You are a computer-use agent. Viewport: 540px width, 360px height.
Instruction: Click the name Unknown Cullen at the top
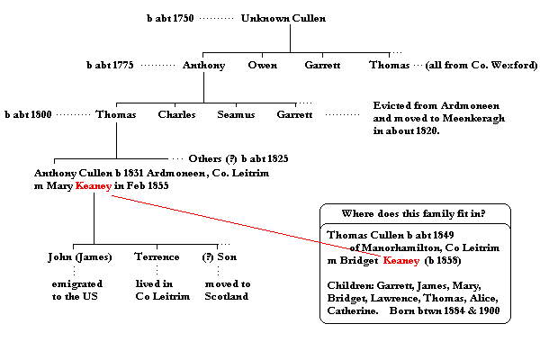(283, 18)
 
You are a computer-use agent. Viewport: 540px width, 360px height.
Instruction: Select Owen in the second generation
(263, 66)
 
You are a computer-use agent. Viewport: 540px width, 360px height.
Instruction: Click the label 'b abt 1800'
(28, 115)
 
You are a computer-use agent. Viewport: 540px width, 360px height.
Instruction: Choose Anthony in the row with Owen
(203, 66)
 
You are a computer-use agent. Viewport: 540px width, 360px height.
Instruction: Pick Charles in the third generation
(176, 115)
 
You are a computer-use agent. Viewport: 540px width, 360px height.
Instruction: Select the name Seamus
(236, 115)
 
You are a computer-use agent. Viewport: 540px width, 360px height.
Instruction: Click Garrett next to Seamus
(295, 115)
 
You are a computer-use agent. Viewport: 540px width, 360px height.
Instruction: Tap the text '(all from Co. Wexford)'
(466, 66)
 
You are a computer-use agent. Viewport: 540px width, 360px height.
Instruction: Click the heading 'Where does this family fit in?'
(415, 213)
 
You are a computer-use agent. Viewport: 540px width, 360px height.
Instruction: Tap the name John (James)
(80, 257)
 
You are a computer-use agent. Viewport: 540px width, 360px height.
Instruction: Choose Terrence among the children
(155, 257)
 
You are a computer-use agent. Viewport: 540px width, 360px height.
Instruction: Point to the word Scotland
(226, 296)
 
